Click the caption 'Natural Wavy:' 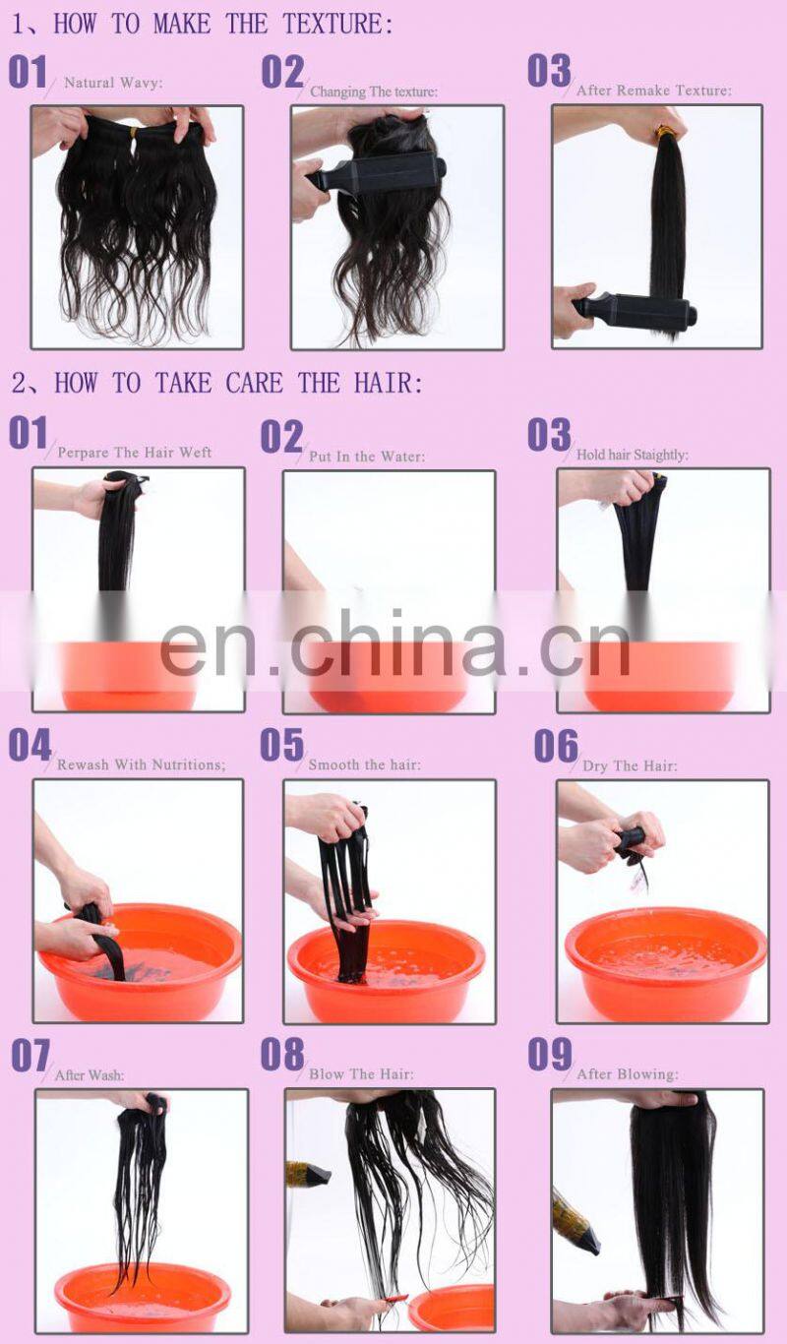(x=113, y=83)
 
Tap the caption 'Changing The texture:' (x=374, y=92)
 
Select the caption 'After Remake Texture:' (x=653, y=91)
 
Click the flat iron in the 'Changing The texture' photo (x=379, y=175)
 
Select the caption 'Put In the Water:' (x=367, y=457)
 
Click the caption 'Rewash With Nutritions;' (x=141, y=764)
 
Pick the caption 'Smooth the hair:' (x=364, y=764)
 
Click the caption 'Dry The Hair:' (x=630, y=765)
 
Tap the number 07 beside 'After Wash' (x=30, y=1056)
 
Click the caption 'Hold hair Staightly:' (x=632, y=455)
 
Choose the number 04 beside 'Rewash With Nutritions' (x=30, y=745)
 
